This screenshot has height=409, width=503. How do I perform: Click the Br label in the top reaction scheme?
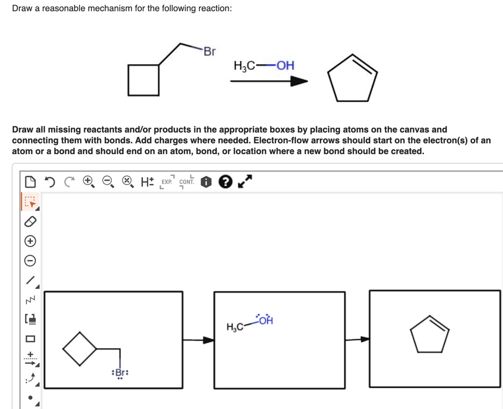209,52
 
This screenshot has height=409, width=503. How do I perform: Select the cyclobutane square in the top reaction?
143,80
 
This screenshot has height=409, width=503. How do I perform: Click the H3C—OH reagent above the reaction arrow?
264,66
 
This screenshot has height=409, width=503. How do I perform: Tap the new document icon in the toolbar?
30,182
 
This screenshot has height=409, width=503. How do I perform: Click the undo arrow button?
50,182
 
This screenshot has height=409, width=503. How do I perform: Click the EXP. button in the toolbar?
167,182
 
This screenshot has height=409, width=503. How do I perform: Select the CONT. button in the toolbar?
187,182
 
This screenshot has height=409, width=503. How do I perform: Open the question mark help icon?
225,182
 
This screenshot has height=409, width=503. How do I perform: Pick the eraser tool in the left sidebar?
30,221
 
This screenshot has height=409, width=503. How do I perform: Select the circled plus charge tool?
30,241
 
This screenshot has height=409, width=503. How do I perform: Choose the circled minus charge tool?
30,260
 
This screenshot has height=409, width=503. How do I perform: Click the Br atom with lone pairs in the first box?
120,373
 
